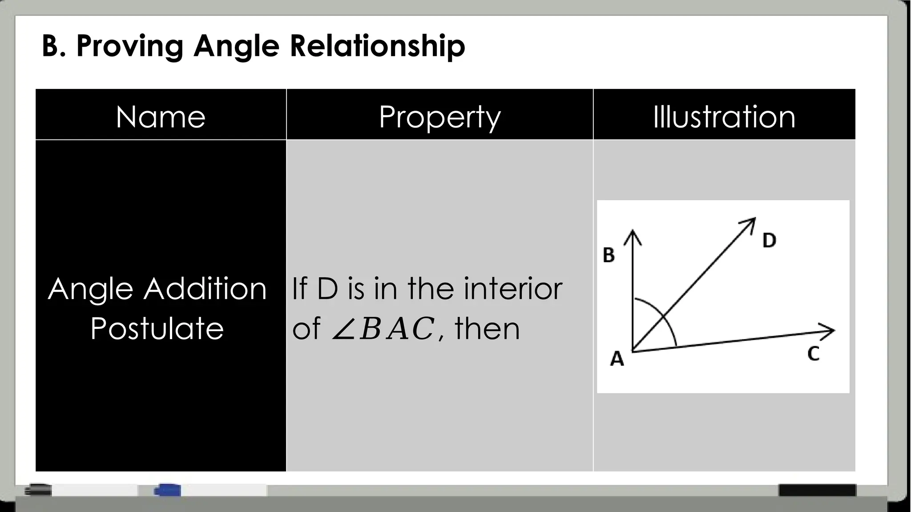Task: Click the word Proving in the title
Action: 129,46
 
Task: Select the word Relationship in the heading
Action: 377,46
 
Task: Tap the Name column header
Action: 161,117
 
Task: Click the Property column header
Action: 439,117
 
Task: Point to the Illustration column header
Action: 724,117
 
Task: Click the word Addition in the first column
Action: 205,289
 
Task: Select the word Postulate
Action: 157,329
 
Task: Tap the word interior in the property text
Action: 513,289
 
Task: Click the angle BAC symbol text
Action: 383,329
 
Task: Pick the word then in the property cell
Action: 487,329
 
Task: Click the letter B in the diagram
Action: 609,255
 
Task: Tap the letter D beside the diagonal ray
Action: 769,240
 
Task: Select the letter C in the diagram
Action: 813,354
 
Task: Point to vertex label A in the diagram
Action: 617,359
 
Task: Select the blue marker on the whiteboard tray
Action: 167,490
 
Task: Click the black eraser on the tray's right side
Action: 817,490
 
